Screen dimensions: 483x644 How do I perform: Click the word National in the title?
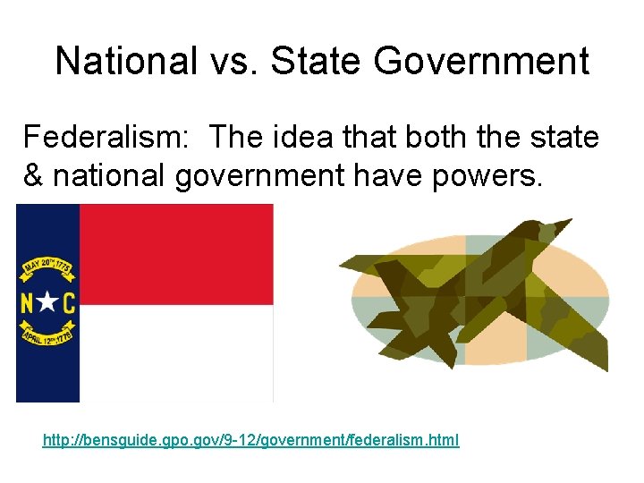pos(125,62)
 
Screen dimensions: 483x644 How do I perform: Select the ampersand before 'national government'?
pos(33,176)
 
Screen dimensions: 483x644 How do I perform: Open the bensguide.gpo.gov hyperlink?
pos(250,440)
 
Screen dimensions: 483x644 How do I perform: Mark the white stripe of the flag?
pos(176,353)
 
